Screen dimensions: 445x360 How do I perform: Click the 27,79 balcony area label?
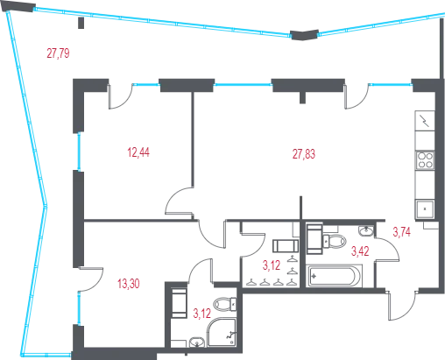pos(58,53)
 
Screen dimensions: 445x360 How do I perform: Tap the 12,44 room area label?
pos(138,152)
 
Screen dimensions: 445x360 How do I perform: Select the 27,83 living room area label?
pos(304,154)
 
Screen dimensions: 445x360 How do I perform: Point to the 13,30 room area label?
pos(129,284)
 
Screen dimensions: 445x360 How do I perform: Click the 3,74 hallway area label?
pos(402,232)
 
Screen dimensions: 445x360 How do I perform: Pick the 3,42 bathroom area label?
pos(360,251)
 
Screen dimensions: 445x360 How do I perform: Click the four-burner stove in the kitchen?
pos(425,160)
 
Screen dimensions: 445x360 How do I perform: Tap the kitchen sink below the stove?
pos(425,208)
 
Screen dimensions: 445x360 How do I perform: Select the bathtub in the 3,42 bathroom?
pos(334,276)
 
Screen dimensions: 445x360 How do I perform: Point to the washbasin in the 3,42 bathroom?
pos(366,230)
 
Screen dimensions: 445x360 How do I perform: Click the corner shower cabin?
pos(222,333)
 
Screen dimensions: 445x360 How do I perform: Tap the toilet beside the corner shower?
pos(225,304)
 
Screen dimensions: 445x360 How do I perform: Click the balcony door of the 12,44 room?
pos(120,96)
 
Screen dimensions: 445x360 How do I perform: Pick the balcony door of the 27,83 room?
pos(357,96)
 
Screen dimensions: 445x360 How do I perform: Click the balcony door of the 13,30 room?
pos(90,279)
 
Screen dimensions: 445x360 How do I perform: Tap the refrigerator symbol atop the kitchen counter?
pos(425,121)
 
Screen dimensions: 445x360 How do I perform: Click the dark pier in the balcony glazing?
pos(304,35)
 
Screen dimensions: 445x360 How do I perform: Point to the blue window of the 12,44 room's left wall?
pos(79,152)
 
